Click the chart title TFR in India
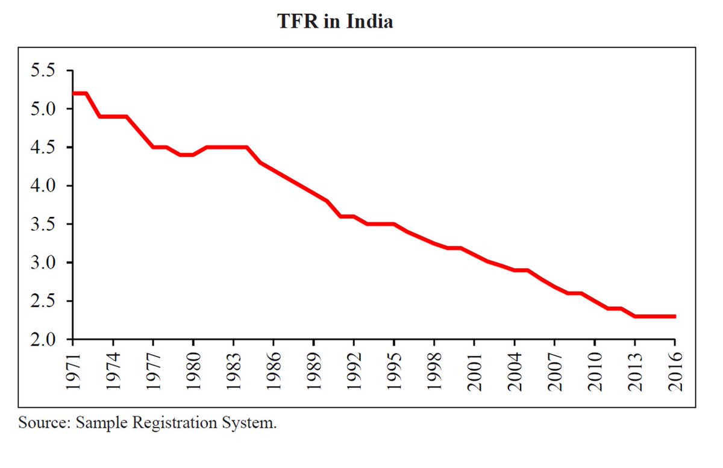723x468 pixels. (335, 22)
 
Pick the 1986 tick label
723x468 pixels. (274, 373)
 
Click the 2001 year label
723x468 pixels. (475, 373)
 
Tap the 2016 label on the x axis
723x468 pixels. (675, 373)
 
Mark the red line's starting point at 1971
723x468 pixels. (74, 93)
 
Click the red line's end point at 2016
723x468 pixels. (674, 316)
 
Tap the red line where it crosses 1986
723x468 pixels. (274, 170)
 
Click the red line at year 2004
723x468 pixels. (515, 270)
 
